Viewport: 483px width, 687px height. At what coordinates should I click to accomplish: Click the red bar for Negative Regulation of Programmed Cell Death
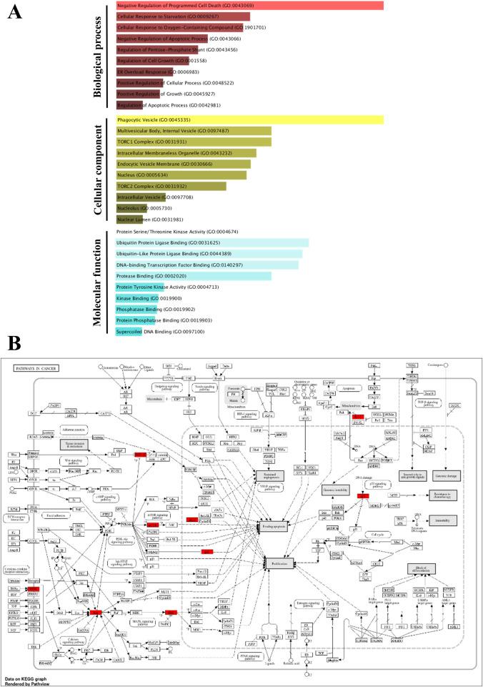250,6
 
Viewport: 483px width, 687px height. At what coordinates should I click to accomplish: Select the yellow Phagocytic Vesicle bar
250,120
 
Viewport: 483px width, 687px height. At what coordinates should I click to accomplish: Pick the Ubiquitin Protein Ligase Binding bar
213,243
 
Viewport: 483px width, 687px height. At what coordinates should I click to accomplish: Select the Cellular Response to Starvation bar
183,16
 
